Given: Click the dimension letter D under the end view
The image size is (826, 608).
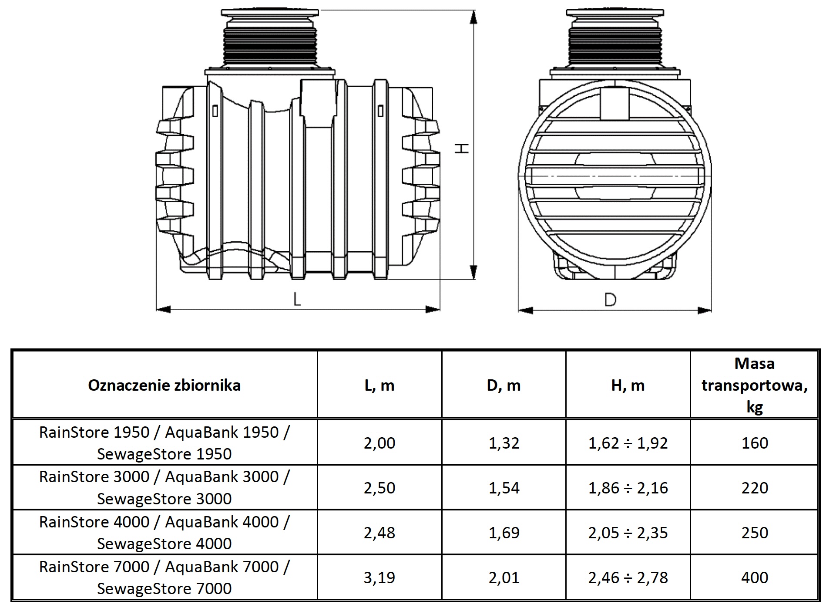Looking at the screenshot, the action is click(x=611, y=299).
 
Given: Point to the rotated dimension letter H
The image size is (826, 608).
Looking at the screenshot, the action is click(x=462, y=148).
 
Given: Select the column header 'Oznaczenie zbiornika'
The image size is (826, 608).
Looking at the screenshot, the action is click(x=164, y=385).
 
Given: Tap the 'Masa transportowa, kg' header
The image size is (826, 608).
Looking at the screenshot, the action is click(x=754, y=385).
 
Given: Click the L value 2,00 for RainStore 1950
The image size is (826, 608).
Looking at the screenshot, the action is click(x=379, y=443).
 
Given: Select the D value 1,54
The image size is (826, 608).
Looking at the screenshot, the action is click(x=504, y=488).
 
